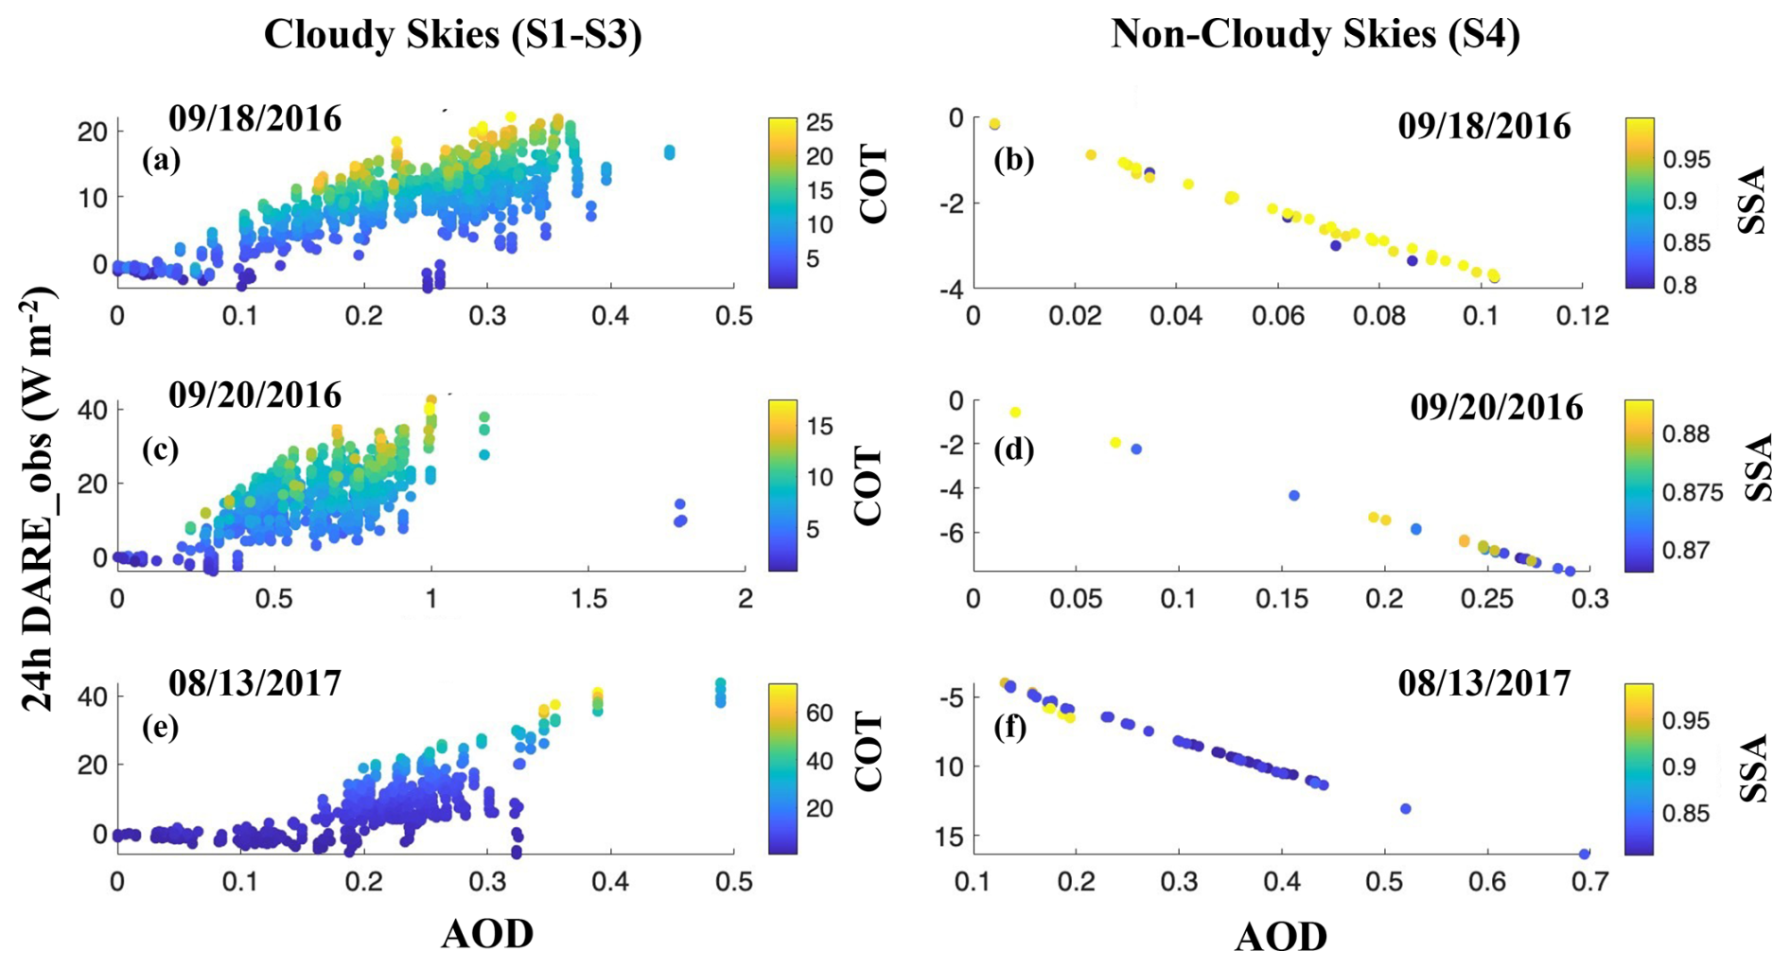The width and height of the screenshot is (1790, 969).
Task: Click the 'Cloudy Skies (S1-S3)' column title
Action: (x=452, y=35)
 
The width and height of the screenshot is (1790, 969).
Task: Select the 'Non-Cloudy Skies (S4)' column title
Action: (x=1315, y=35)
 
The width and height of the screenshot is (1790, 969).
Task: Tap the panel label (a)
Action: (x=161, y=161)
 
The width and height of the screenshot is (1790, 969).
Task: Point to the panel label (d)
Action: (x=1013, y=449)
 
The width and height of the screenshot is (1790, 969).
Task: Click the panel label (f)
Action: (x=1011, y=729)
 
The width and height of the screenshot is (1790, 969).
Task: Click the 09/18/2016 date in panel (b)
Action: (x=1483, y=126)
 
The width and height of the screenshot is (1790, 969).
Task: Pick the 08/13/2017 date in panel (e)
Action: (x=254, y=682)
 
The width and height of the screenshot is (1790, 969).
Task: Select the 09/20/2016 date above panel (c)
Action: (x=254, y=395)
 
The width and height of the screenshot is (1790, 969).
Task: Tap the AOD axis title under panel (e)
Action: (x=487, y=934)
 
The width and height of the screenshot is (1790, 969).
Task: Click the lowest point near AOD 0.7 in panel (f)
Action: (x=1584, y=854)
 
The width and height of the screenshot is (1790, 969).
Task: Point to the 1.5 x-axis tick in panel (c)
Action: (x=588, y=599)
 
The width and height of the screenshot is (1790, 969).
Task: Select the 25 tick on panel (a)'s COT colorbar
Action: (x=819, y=123)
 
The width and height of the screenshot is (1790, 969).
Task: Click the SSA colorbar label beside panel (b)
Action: (x=1752, y=201)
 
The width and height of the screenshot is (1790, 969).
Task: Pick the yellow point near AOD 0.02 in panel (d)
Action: (x=1015, y=413)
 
